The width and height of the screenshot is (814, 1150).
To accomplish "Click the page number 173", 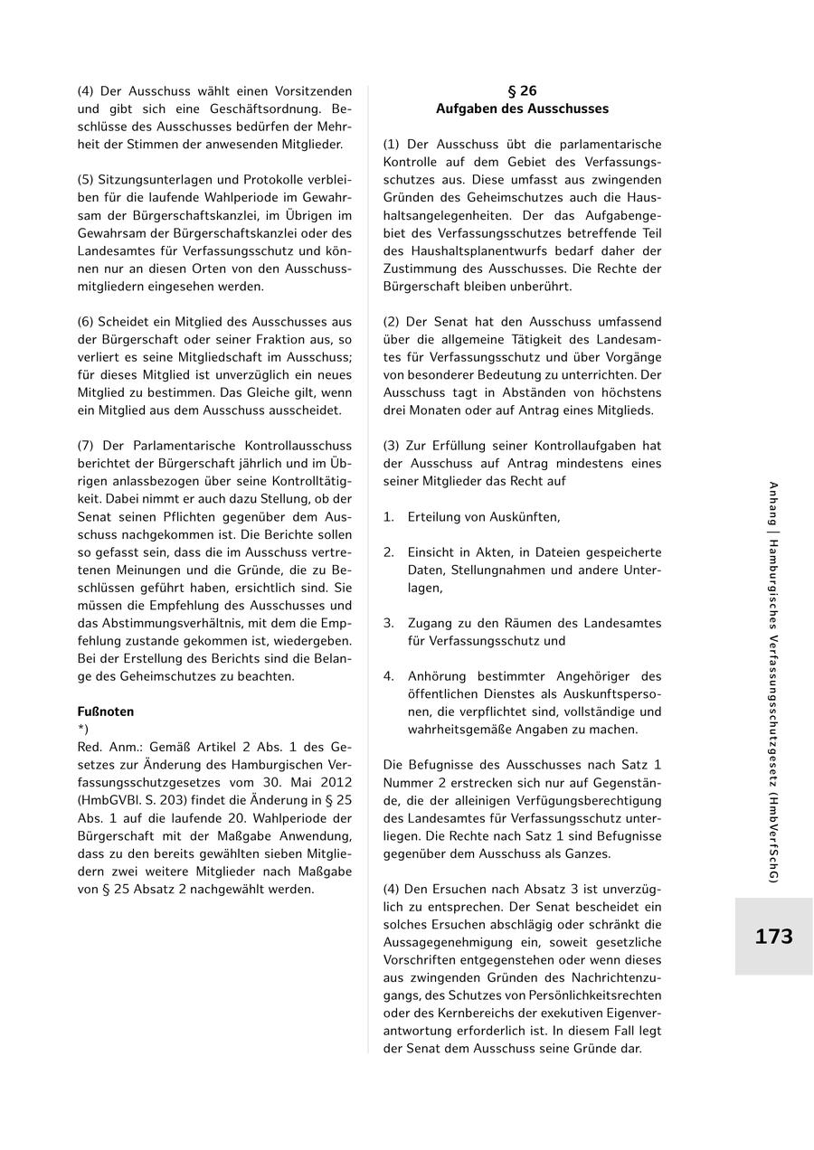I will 773,937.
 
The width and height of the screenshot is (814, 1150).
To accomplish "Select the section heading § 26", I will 522,90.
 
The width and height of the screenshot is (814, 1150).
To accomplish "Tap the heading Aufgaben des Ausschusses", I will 522,108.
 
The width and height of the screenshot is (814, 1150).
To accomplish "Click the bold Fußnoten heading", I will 105,712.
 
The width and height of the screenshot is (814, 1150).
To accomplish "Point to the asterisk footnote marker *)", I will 83,729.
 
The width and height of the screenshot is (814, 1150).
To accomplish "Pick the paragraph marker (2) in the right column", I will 391,322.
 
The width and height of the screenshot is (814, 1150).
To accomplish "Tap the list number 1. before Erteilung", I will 388,517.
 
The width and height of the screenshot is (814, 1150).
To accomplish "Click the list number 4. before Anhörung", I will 388,676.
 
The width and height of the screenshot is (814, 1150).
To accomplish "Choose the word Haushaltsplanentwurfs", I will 489,250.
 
